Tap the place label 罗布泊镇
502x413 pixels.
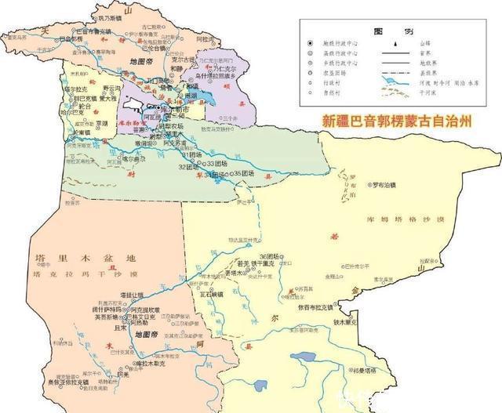coord(392,185)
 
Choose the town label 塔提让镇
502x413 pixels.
coord(133,295)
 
